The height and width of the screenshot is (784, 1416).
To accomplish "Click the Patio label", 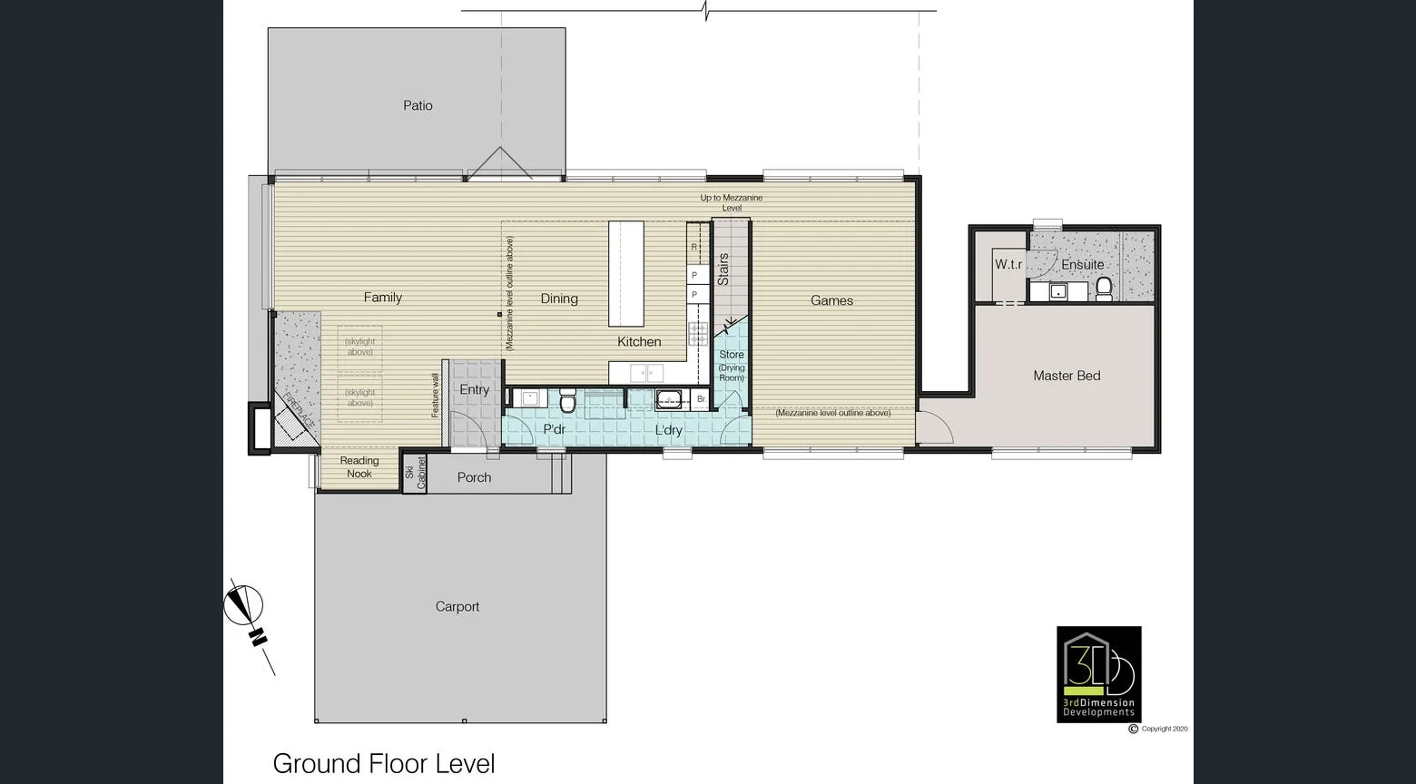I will (x=418, y=105).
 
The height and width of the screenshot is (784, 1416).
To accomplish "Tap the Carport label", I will (x=457, y=607).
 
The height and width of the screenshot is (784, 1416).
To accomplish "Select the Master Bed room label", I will (x=1067, y=376).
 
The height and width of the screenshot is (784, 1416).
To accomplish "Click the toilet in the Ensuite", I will (x=1104, y=289).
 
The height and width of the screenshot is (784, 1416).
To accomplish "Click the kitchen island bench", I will (x=626, y=273).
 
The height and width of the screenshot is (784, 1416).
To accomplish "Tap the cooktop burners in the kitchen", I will (x=698, y=334).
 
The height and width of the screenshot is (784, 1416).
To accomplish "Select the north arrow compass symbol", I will (x=244, y=606).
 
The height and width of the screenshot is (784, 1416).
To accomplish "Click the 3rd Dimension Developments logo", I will (x=1098, y=673).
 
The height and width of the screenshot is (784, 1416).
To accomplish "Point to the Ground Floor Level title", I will (x=384, y=764).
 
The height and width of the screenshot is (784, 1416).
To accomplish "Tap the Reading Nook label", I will (x=359, y=467).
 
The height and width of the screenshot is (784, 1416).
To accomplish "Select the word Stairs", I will (x=723, y=269).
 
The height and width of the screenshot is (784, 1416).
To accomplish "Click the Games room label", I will (x=831, y=300).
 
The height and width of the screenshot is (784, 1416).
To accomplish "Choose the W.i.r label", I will (x=1008, y=265).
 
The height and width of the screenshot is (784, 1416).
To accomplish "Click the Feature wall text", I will (x=435, y=395).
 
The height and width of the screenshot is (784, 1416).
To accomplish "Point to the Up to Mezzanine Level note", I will (x=732, y=202).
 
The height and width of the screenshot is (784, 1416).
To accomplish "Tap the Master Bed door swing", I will (x=932, y=428).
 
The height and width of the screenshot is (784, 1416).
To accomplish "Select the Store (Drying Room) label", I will (x=732, y=366).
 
